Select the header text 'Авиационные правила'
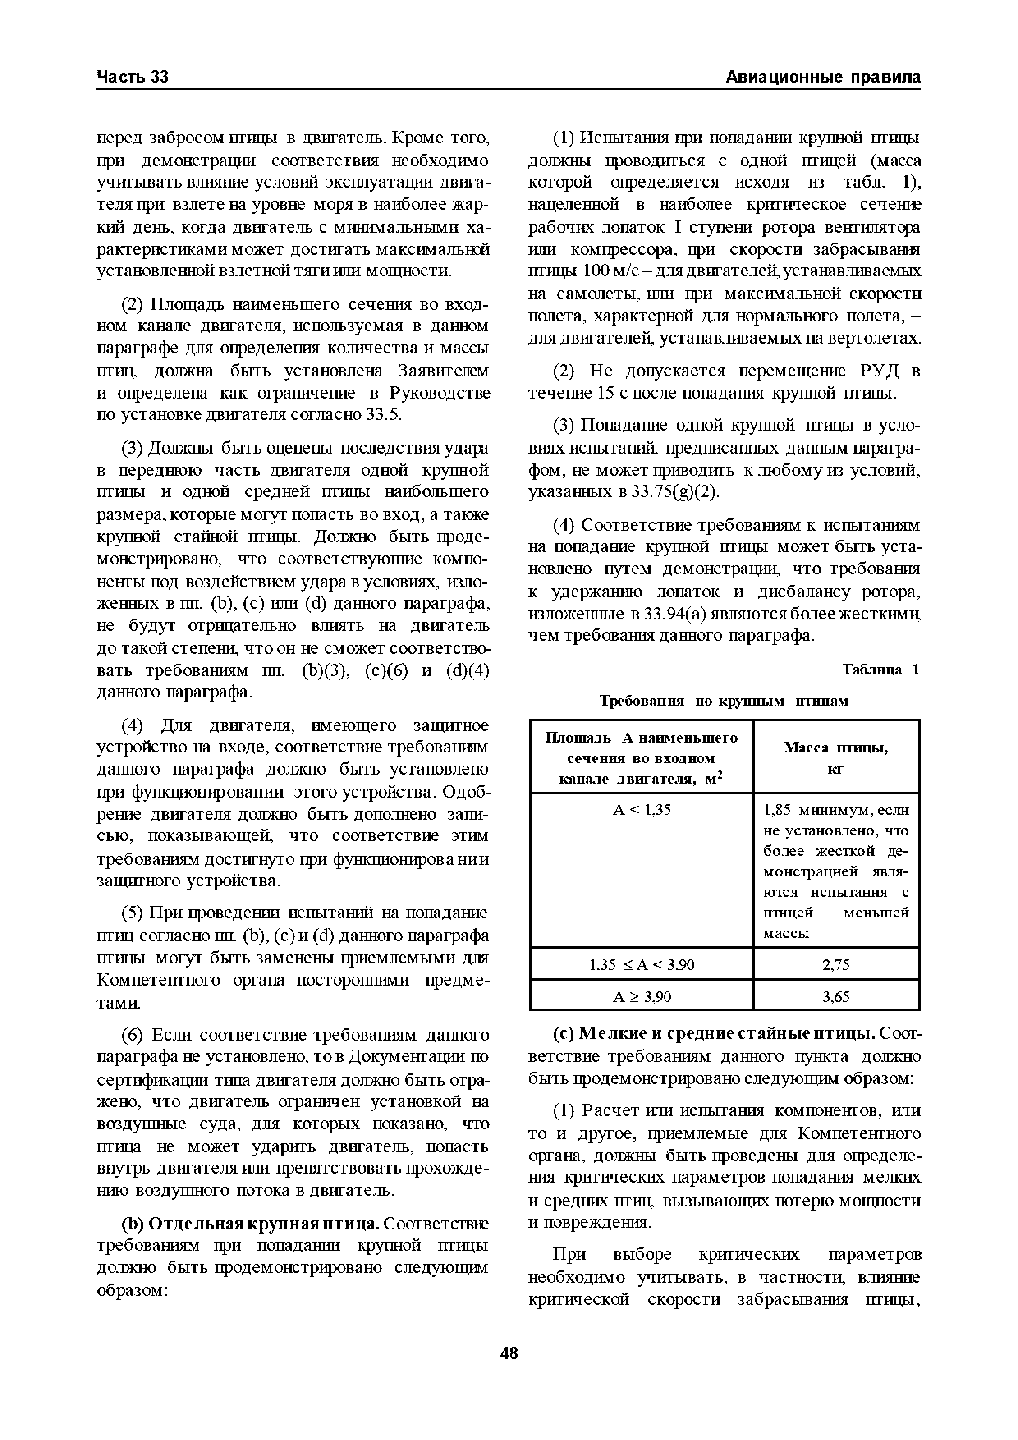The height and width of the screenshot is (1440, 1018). click(x=823, y=77)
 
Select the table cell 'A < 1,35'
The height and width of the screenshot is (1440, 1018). click(x=641, y=809)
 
